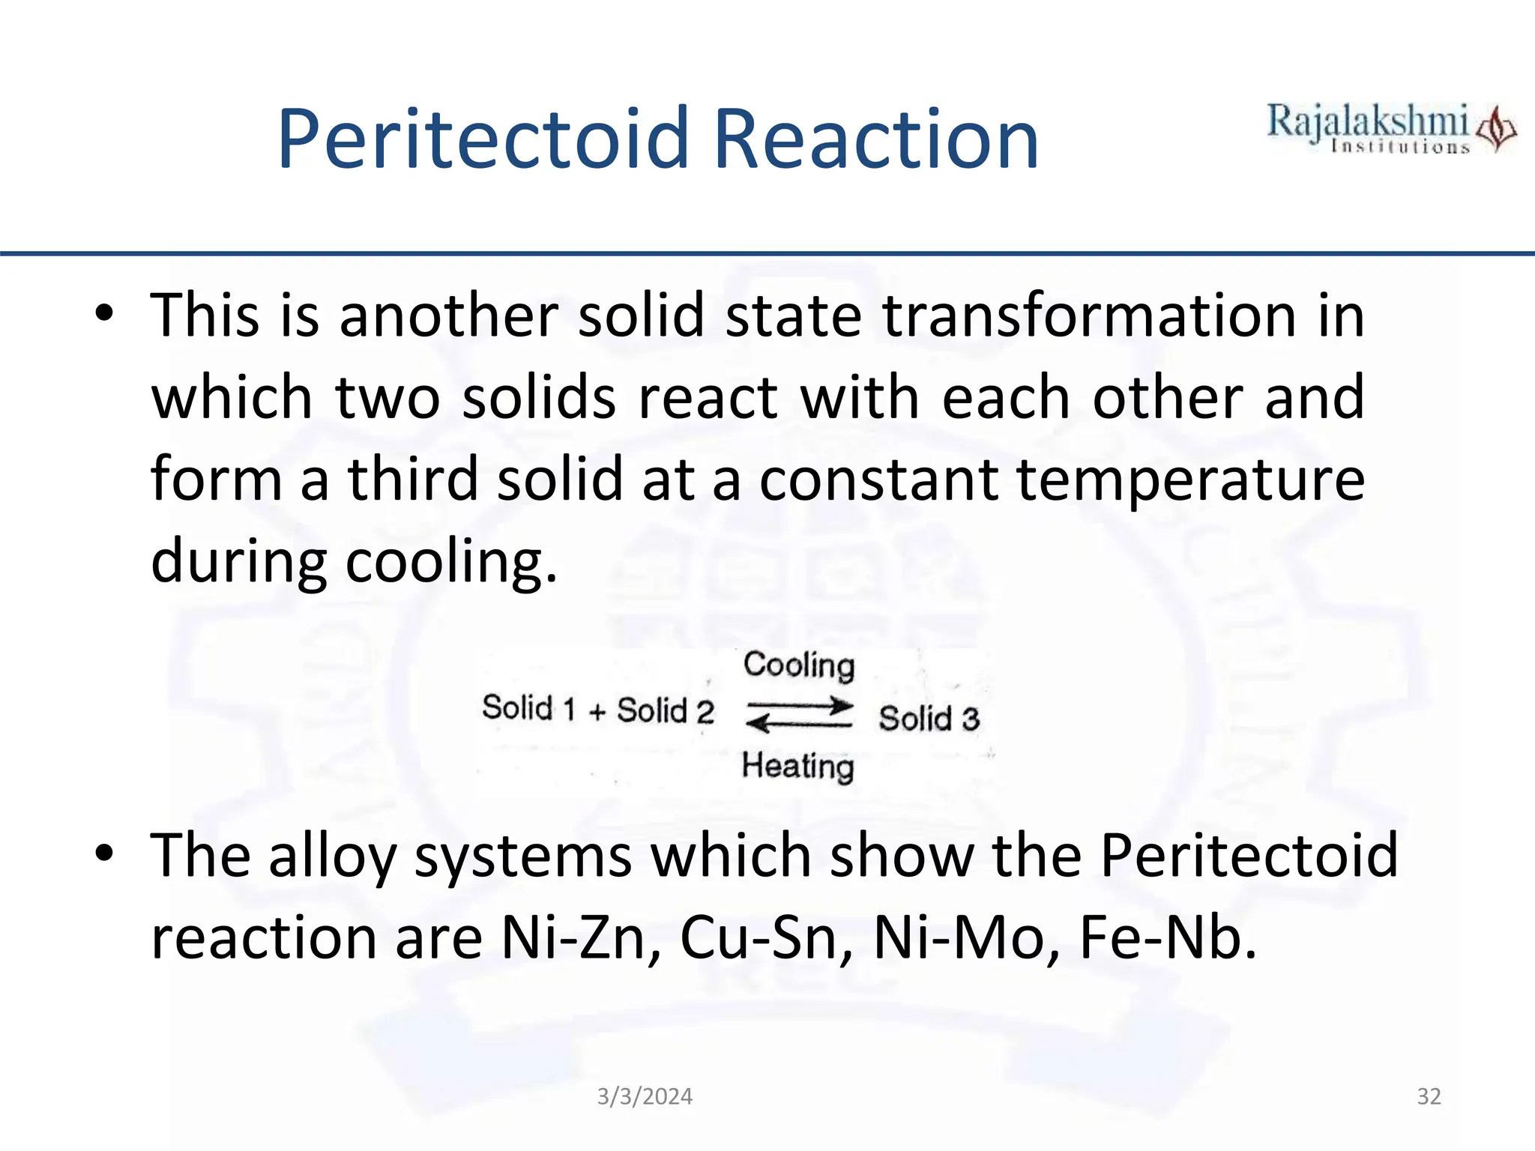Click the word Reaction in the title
pos(875,139)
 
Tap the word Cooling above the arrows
pos(798,665)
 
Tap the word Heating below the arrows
pos(797,767)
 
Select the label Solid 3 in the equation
pos(929,719)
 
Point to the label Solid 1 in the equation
pos(528,708)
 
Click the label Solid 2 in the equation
pos(665,710)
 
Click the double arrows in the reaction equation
pos(799,714)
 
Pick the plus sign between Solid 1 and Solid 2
pos(597,712)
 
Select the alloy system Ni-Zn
pos(573,938)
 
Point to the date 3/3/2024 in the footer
pos(645,1097)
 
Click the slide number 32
pos(1429,1097)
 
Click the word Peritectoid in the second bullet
pos(1249,856)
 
